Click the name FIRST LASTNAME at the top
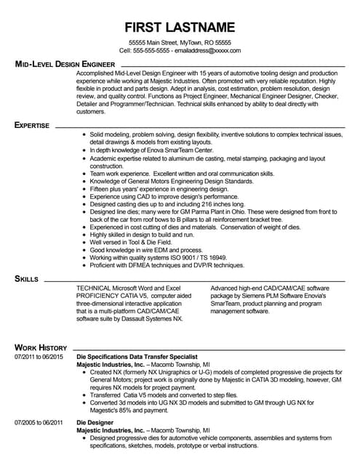click(180, 28)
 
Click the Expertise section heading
click(32, 125)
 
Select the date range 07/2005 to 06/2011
click(39, 421)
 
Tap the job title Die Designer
click(92, 421)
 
